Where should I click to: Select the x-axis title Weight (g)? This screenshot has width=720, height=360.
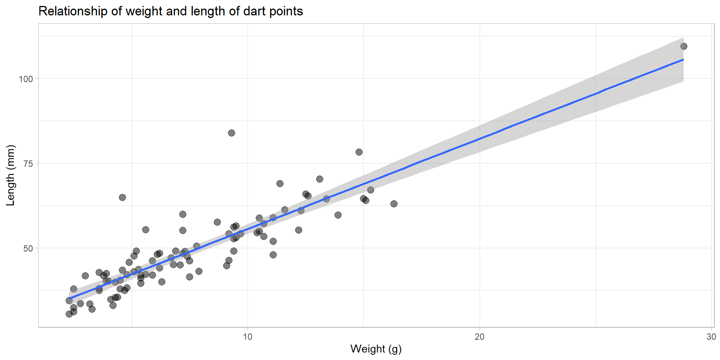pos(376,349)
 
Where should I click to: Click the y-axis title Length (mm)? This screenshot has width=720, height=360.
pos(10,175)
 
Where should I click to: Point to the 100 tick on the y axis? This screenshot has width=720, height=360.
pos(26,79)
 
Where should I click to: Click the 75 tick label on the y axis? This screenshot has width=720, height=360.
pos(28,164)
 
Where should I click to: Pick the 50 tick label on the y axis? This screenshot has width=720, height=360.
pos(28,249)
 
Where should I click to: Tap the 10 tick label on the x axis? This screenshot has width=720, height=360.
pos(247,337)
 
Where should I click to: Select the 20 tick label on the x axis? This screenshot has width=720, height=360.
pos(479,337)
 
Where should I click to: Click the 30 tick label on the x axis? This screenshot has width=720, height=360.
pos(711,337)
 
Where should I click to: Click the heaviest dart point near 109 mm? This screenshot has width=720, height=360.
pos(684,46)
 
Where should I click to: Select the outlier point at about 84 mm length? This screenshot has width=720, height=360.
pos(231,133)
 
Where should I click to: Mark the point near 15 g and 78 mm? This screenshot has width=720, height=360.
pos(359,152)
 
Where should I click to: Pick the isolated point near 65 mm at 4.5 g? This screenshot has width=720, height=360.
pos(122,198)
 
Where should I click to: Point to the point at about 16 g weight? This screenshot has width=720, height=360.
pos(394,204)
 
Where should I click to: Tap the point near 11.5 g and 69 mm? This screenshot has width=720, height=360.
pos(280,184)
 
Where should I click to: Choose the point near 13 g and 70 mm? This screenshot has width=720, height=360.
pos(319,179)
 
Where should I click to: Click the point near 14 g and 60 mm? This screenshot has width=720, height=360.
pos(338,215)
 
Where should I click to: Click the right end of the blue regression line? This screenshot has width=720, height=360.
pos(683,60)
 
